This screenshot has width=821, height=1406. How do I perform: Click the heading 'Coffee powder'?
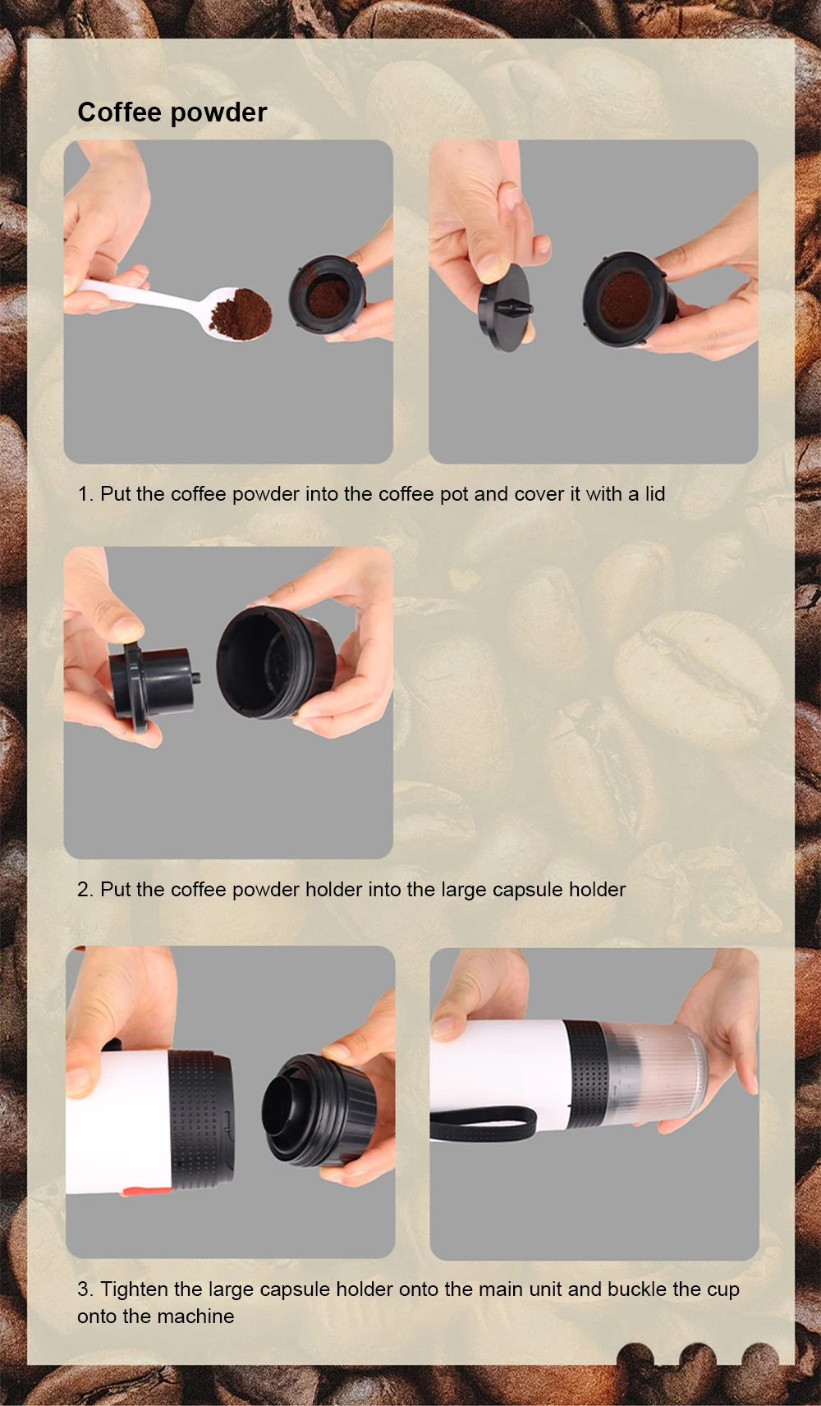[x=172, y=112]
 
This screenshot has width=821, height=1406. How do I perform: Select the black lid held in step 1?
[x=504, y=308]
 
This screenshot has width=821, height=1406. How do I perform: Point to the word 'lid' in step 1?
[x=654, y=493]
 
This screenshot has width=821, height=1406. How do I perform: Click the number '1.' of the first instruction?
[x=85, y=494]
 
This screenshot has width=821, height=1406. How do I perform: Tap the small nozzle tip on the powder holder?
[x=196, y=678]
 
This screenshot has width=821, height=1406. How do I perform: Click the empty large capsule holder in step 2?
[x=275, y=662]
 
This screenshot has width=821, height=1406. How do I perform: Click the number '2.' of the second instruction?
[x=85, y=890]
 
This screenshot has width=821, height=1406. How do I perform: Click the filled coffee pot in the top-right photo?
[x=628, y=300]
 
